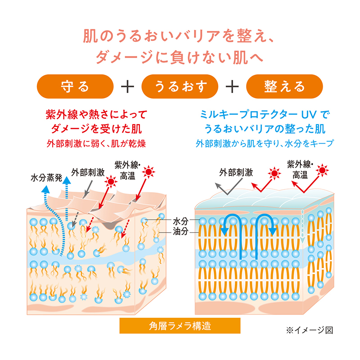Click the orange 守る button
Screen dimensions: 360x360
(75, 86)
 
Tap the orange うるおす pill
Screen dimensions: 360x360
(180, 86)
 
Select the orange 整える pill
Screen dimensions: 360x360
(285, 86)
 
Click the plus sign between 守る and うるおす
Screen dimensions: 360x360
(127, 86)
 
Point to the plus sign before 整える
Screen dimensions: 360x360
(232, 86)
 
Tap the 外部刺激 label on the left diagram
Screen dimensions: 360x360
(88, 172)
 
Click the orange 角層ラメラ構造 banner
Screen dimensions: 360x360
(180, 326)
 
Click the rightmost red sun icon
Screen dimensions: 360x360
(323, 169)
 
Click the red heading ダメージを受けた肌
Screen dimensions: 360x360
(96, 129)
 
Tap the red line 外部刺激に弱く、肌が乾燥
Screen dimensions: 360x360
(96, 144)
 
